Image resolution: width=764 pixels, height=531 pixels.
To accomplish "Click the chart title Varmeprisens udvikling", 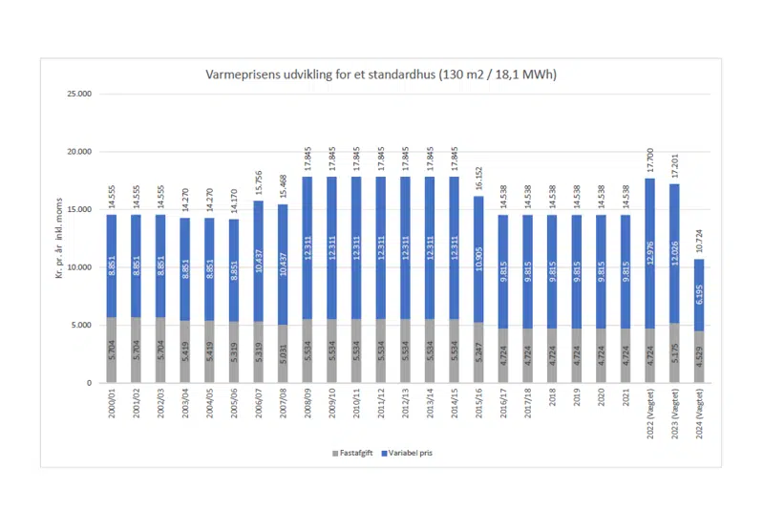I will coord(381,74).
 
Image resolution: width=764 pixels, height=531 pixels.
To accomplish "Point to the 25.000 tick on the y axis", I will coord(76,95).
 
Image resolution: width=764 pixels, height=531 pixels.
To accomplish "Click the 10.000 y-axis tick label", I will coord(76,267).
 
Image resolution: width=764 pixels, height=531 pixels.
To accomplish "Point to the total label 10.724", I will coord(700,244).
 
